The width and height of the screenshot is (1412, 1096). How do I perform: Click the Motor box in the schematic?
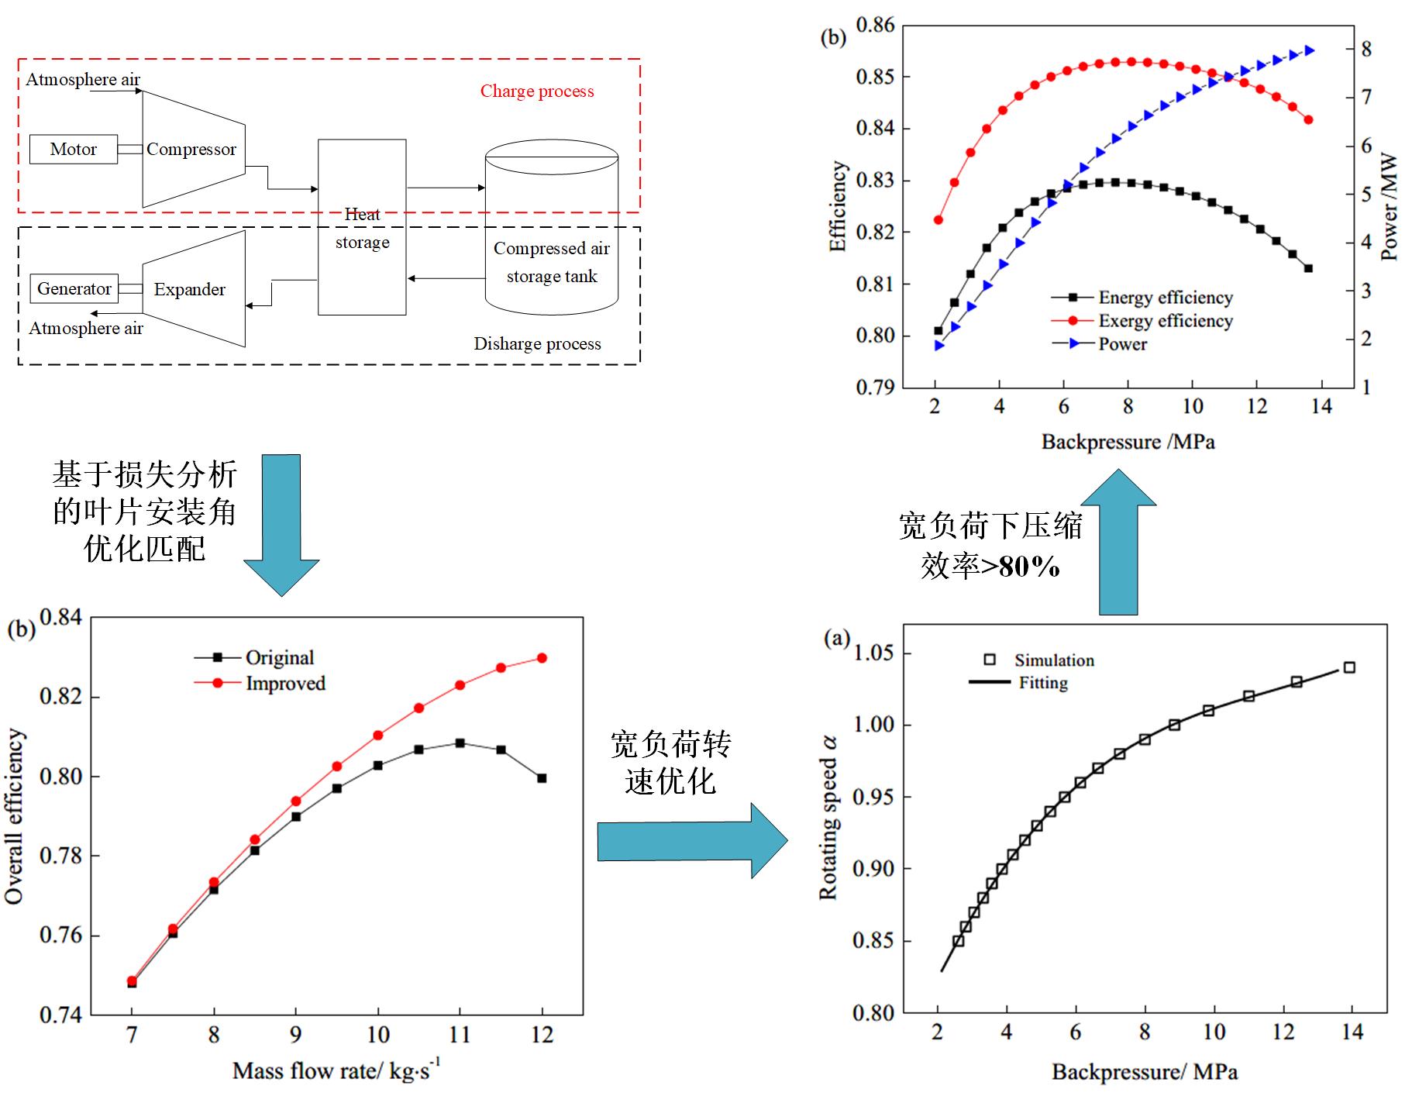[x=74, y=150]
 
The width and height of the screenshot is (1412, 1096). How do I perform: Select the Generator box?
[x=74, y=289]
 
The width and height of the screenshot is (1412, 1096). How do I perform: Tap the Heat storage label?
[x=362, y=228]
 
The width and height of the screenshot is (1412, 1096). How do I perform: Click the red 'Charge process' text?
[x=537, y=91]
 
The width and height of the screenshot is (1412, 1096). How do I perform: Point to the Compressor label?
[x=191, y=150]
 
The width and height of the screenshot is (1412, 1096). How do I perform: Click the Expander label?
[x=189, y=290]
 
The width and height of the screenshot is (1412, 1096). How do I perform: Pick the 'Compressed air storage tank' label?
[x=552, y=262]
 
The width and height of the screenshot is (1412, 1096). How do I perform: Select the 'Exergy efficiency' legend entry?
[x=1165, y=321]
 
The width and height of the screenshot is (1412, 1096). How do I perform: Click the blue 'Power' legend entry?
[x=1122, y=344]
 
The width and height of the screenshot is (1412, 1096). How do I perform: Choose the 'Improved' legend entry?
[x=285, y=684]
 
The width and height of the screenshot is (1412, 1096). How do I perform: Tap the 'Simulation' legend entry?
[x=1054, y=660]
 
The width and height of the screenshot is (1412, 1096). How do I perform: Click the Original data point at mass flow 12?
[x=542, y=778]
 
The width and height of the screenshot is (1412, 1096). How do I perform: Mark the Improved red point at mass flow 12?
[x=542, y=658]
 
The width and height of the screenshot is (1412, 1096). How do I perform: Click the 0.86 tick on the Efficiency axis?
[x=875, y=26]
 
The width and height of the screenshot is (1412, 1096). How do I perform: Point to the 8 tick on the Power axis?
[x=1366, y=49]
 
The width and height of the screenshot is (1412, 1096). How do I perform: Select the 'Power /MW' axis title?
[x=1390, y=207]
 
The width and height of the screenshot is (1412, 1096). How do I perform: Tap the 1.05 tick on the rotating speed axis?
[x=873, y=653]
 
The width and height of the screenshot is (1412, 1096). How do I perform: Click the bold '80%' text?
[x=1029, y=567]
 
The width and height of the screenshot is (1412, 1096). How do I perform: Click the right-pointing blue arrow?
[x=692, y=841]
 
